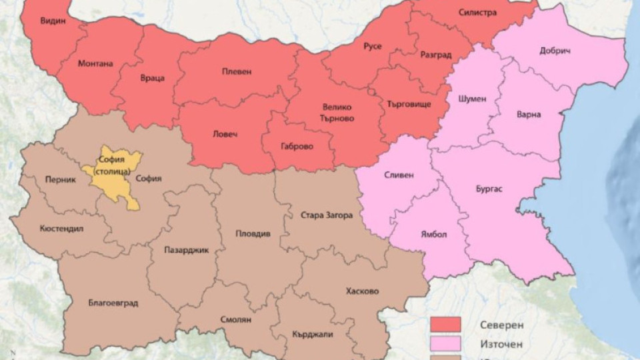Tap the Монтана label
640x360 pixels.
point(95,64)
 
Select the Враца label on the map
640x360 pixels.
point(152,77)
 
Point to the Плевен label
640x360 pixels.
point(237,72)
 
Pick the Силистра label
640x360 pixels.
point(478,13)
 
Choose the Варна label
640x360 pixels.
point(528,114)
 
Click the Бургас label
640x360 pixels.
point(488,189)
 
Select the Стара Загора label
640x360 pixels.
point(322,215)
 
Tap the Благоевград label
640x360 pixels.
point(113,303)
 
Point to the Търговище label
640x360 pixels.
point(409,105)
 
